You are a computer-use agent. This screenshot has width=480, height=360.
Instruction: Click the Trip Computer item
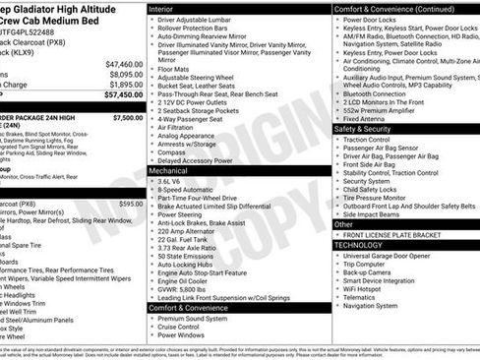click(370, 264)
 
